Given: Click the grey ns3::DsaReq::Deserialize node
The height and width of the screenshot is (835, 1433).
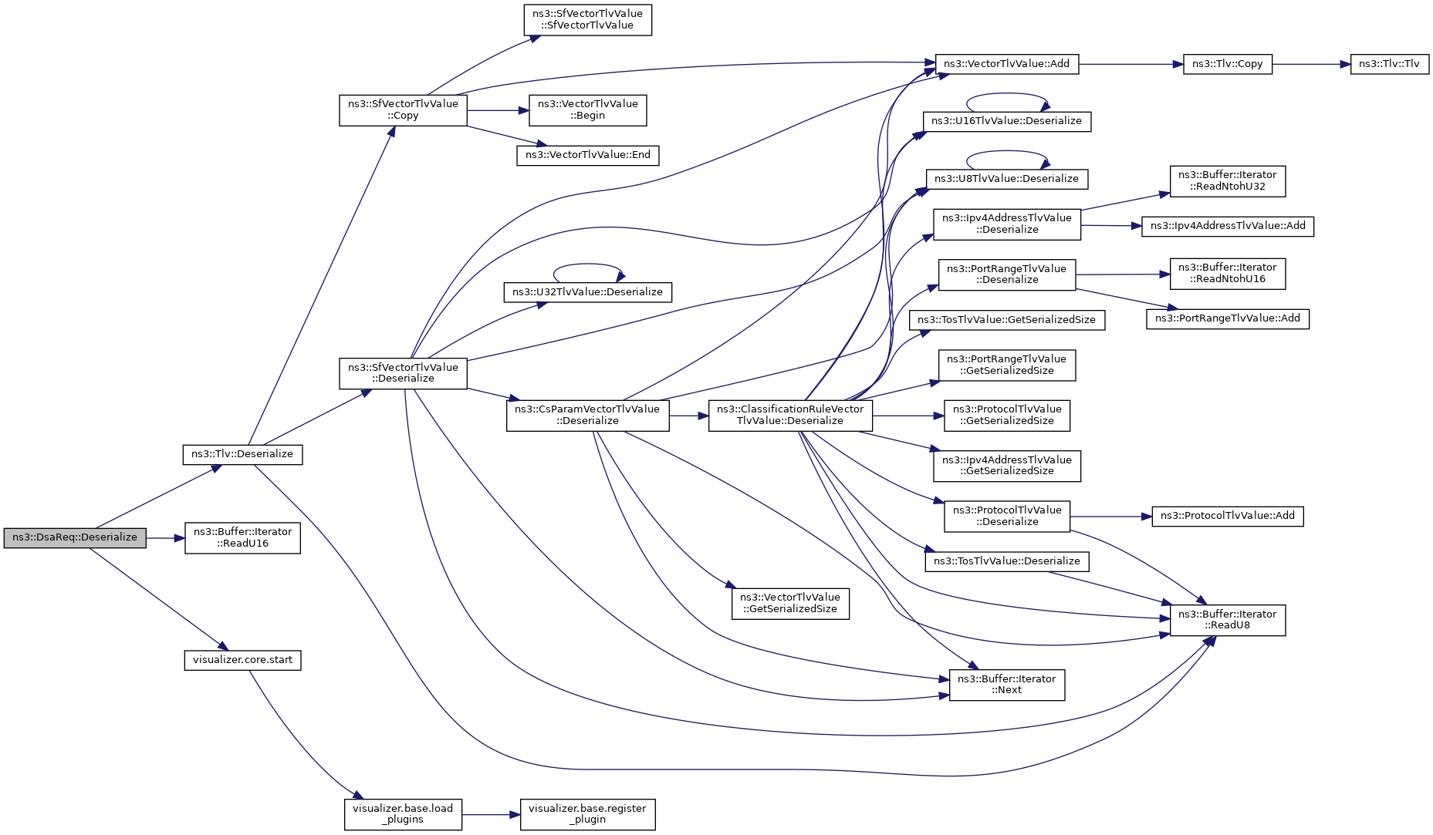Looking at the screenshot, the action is point(75,537).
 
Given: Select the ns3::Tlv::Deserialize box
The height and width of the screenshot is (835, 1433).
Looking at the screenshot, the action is point(242,454).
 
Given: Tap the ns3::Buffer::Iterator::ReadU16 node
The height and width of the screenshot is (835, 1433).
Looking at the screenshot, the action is point(242,537).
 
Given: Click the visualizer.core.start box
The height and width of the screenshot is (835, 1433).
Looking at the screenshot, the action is point(242,660).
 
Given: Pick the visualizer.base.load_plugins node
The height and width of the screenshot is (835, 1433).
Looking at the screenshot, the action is point(403,814).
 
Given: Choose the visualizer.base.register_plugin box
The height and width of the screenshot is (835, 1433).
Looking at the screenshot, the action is point(587,814).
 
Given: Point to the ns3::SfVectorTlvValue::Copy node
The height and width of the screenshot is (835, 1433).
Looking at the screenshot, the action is point(403,110).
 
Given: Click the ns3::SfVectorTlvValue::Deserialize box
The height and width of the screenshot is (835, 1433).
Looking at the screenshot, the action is point(403,373).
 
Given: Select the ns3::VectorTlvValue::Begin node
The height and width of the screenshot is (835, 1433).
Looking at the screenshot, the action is point(587,110).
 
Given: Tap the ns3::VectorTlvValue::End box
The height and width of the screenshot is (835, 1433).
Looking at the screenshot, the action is point(587,155).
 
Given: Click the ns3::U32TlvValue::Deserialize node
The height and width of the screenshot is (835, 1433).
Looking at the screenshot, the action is point(587,292).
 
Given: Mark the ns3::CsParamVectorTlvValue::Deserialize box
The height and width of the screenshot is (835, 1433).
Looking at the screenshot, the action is point(587,416).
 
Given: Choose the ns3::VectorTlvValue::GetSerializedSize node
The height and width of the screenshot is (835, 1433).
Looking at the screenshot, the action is point(790,603).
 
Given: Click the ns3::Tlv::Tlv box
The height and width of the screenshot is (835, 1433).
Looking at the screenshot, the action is point(1389,64).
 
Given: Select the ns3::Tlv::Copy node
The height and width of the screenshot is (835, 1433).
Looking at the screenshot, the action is point(1227,64).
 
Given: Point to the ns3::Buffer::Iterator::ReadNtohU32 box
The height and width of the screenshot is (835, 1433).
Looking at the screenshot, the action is point(1227,181).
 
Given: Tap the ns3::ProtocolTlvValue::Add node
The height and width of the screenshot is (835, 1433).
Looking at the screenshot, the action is point(1227,516).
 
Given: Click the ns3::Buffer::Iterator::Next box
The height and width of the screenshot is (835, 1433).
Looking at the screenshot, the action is point(1006,685).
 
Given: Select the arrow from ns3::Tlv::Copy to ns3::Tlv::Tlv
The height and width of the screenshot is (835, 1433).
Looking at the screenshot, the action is point(1311,64).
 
